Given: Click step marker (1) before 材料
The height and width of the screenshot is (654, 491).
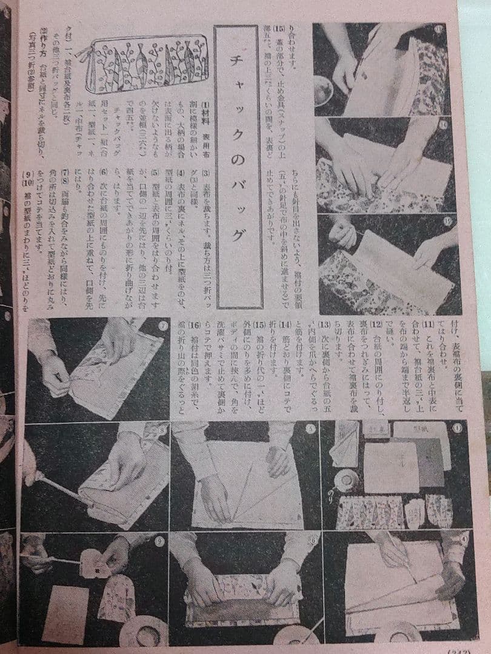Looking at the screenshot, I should tap(205, 108).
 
